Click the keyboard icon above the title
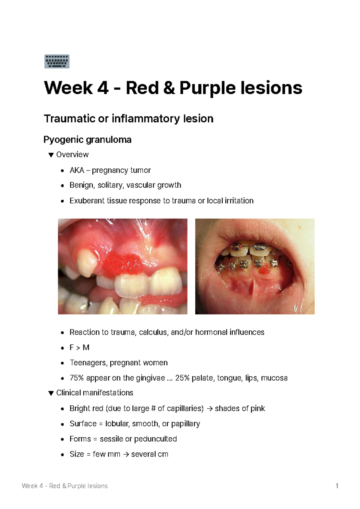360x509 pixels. click(57, 61)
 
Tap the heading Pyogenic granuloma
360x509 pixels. click(87, 140)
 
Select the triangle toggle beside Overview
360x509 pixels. click(51, 155)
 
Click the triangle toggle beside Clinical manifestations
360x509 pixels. click(51, 393)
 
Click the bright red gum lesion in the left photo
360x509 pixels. click(121, 264)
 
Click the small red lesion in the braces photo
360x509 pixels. click(264, 270)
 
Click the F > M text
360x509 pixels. click(79, 347)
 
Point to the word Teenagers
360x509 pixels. click(88, 363)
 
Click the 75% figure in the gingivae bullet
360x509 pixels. click(76, 378)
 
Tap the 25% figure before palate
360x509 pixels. click(182, 378)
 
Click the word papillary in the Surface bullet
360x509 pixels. click(185, 424)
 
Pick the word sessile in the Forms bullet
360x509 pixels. click(111, 439)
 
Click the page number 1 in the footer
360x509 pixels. click(337, 486)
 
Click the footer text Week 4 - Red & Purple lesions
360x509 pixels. click(64, 486)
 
